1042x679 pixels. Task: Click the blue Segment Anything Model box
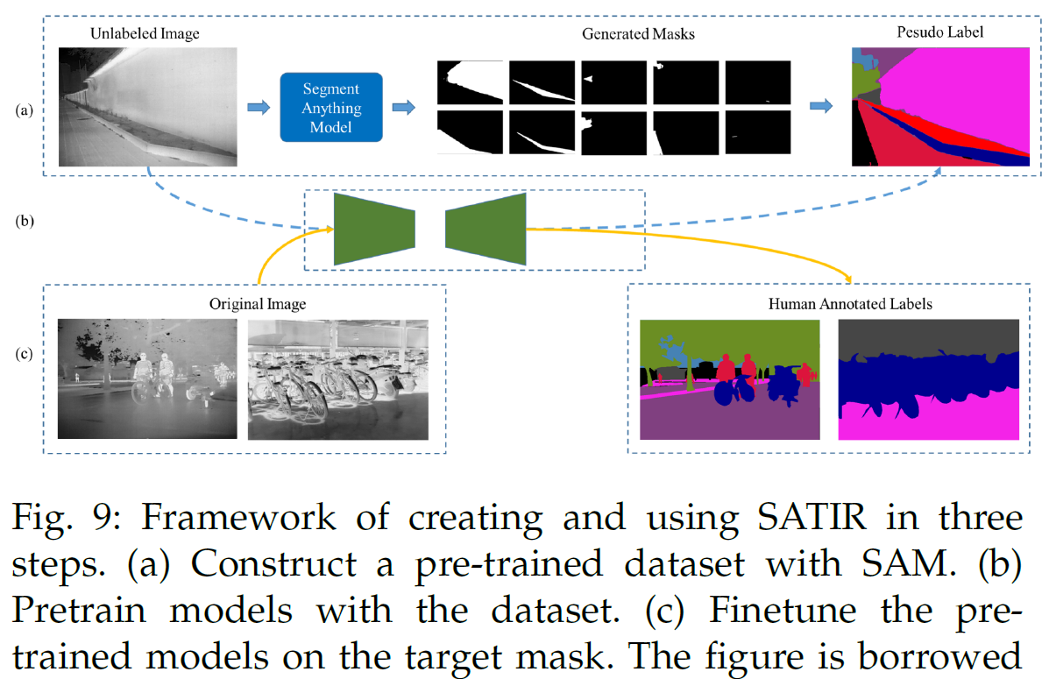pyautogui.click(x=331, y=107)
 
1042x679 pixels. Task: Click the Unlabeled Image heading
pyautogui.click(x=145, y=34)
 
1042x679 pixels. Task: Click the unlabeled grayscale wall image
pyautogui.click(x=147, y=106)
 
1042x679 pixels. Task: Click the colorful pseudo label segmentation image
pyautogui.click(x=939, y=106)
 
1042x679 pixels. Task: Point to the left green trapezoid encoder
pyautogui.click(x=373, y=229)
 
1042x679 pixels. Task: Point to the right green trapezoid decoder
pyautogui.click(x=486, y=229)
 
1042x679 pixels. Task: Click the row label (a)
pyautogui.click(x=26, y=110)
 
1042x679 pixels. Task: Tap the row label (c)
pyautogui.click(x=26, y=356)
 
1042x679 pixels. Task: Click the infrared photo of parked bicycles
pyautogui.click(x=338, y=379)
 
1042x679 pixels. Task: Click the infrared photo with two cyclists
pyautogui.click(x=147, y=379)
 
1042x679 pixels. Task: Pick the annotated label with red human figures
pyautogui.click(x=729, y=379)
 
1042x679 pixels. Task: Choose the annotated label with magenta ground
pyautogui.click(x=929, y=379)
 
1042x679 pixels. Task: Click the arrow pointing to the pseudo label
pyautogui.click(x=820, y=106)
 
